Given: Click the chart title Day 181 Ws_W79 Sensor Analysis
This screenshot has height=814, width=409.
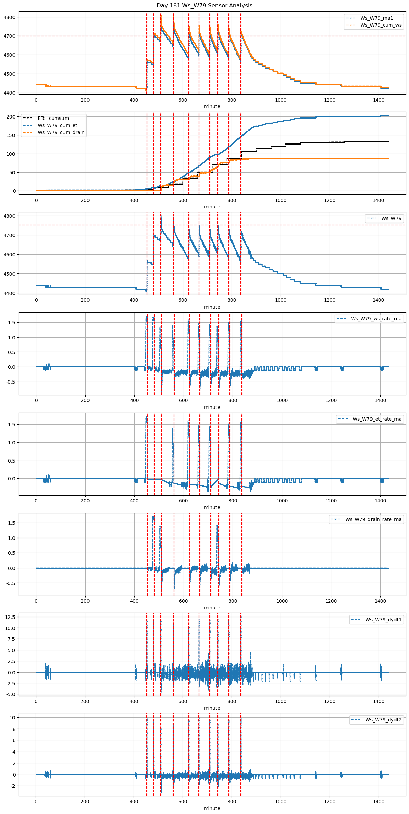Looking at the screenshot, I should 204,5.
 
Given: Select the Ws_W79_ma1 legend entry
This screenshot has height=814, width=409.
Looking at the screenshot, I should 377,18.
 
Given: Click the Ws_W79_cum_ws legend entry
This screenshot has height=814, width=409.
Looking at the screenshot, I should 381,25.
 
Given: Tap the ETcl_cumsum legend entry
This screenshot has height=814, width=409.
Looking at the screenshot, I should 53,118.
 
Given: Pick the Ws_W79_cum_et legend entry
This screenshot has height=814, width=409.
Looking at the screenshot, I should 57,125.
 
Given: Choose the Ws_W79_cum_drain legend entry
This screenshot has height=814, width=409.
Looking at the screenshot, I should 61,132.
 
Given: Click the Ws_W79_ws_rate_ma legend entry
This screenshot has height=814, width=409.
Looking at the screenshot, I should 376,319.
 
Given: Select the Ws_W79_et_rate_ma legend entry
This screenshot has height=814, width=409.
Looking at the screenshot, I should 377,419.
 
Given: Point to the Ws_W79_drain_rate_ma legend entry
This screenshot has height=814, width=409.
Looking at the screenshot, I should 373,519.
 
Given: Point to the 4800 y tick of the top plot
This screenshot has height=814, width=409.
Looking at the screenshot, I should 9,17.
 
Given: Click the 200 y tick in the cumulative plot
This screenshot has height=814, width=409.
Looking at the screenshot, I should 11,117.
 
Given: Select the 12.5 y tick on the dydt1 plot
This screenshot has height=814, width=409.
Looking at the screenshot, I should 10,617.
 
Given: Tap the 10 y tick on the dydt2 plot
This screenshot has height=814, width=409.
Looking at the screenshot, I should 12,718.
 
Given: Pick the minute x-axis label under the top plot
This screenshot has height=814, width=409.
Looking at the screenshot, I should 212,106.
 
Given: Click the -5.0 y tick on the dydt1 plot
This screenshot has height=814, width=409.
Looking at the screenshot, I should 10,694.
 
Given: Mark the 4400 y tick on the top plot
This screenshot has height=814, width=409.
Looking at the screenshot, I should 9,93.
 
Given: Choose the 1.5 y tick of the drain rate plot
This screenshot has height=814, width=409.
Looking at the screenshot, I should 11,523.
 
